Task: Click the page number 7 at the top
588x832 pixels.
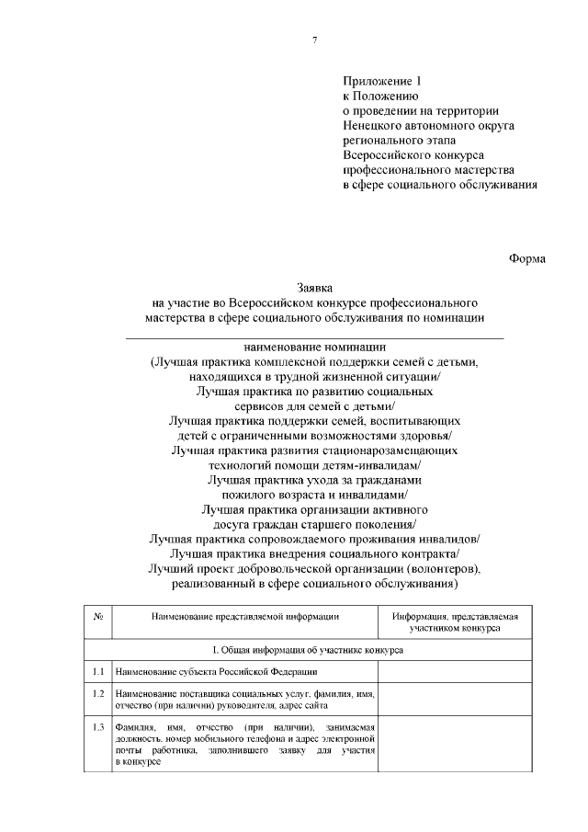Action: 315,39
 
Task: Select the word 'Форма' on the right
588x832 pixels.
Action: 527,258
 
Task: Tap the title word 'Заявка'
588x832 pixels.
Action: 315,288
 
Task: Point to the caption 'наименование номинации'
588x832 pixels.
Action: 315,348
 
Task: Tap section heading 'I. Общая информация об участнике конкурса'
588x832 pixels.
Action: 315,649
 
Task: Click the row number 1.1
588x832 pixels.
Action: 98,672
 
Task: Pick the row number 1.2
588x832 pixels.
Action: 98,692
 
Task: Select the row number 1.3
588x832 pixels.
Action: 98,727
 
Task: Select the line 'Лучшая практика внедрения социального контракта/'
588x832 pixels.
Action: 315,553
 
